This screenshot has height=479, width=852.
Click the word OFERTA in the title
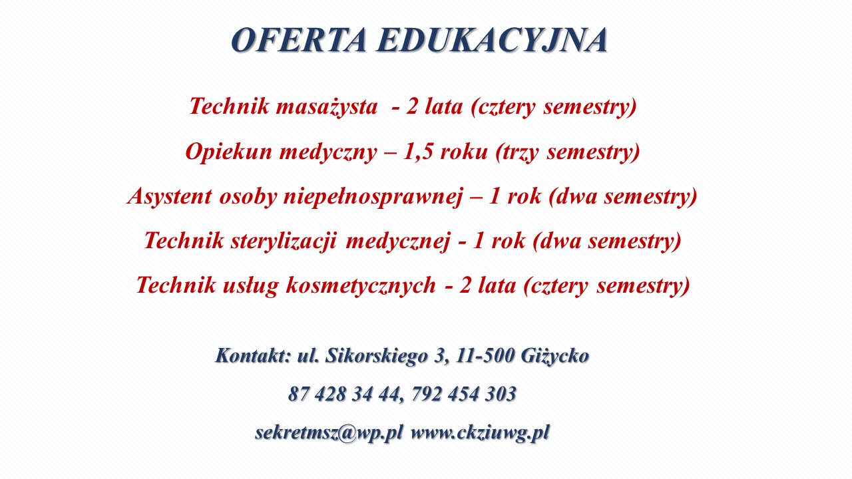(299, 39)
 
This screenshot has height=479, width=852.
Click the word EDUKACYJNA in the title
(492, 39)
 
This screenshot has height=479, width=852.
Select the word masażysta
(327, 106)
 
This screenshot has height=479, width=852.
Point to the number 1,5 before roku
(417, 152)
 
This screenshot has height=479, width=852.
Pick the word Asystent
(169, 197)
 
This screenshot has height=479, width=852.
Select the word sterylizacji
(284, 241)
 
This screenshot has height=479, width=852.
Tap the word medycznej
(398, 241)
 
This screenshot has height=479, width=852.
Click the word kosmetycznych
(361, 285)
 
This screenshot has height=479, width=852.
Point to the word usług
(250, 286)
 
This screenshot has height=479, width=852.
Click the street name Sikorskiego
(377, 356)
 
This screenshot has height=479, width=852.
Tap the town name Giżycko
(555, 356)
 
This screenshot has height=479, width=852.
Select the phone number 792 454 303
(464, 394)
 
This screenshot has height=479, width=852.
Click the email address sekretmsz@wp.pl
(329, 433)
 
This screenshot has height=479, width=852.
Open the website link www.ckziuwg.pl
(481, 433)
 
